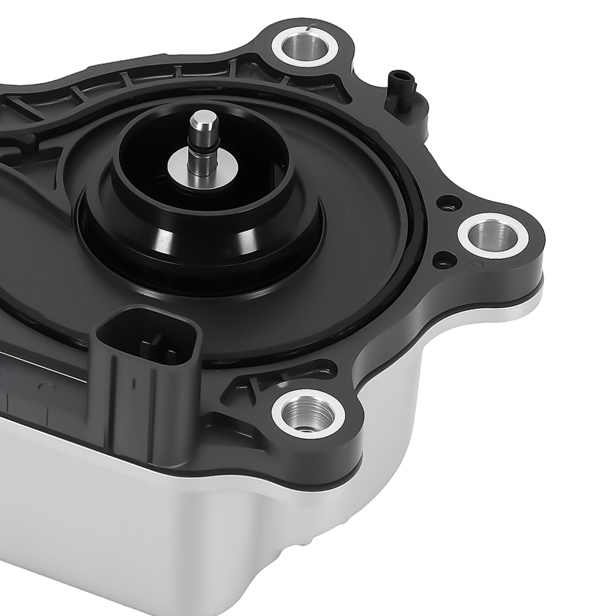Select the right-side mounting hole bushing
(x=493, y=235)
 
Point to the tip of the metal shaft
(x=202, y=117)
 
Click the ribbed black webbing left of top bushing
(x=185, y=80)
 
